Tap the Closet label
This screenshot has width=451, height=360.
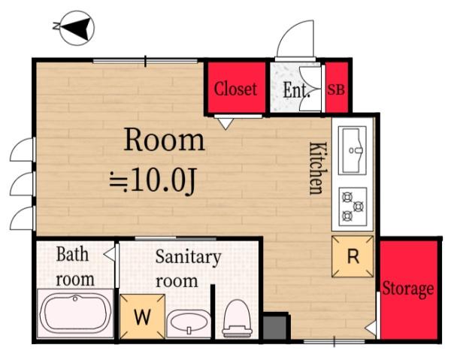(235, 89)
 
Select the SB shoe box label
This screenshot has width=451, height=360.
(336, 89)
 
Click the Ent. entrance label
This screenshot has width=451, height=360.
(297, 90)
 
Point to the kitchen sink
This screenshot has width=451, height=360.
(353, 150)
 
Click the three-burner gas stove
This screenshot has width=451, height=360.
(353, 207)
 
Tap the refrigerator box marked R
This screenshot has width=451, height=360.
(353, 256)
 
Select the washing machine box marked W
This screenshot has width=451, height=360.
(143, 316)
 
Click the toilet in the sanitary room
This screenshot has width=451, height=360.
(238, 319)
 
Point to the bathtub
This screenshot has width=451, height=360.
(75, 313)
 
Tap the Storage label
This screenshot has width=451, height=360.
(408, 289)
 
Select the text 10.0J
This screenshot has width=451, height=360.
(164, 180)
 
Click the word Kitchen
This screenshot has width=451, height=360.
(319, 168)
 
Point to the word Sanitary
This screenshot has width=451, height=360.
(189, 258)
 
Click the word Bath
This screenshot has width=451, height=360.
(72, 254)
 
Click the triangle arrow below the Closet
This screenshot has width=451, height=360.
(225, 124)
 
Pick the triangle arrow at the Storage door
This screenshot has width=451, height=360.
(371, 328)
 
